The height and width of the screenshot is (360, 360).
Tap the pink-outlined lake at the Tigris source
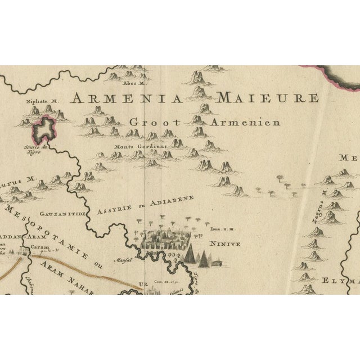pos(45,130)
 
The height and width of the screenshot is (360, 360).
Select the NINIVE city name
pos(225,244)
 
